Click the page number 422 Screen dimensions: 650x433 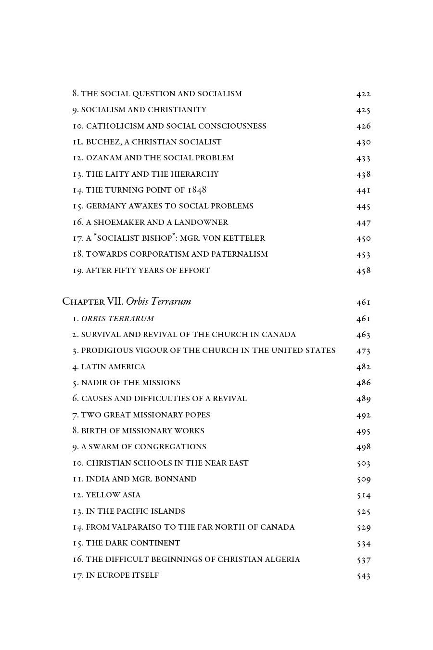click(363, 94)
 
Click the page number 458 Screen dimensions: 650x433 click(363, 271)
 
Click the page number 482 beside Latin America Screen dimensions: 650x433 click(363, 367)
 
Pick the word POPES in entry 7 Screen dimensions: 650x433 click(197, 415)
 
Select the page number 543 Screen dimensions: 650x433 click(363, 576)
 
